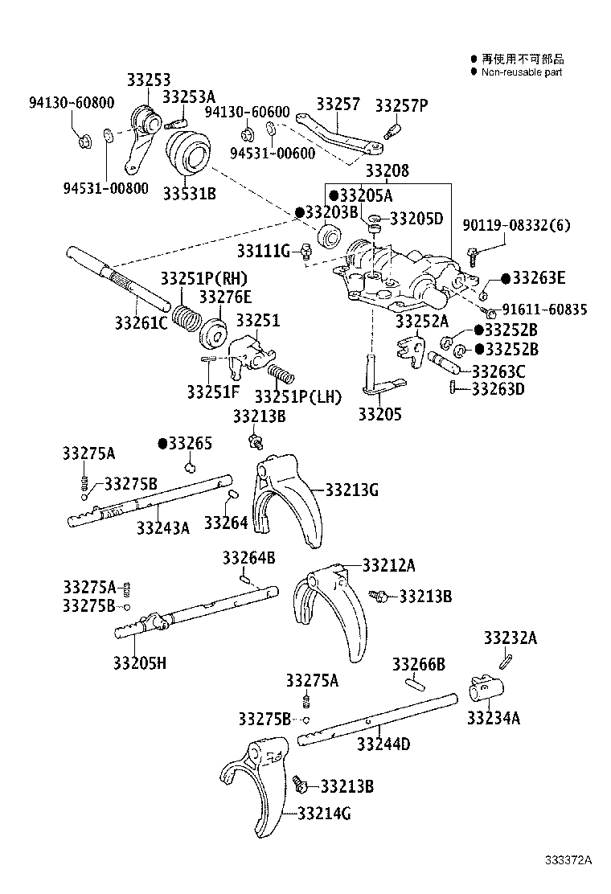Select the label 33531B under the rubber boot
point(190,193)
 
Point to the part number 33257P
point(401,105)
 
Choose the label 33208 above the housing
point(388,170)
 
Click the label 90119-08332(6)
point(515,225)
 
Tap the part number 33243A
point(162,528)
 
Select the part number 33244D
point(383,744)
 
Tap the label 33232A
point(511,638)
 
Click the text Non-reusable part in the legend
point(521,72)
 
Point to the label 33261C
point(141,323)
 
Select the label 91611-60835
point(544,309)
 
